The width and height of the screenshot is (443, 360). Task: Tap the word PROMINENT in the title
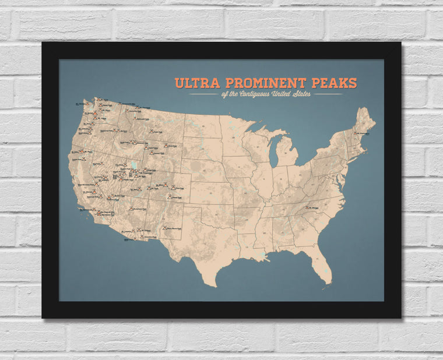pyautogui.click(x=270, y=83)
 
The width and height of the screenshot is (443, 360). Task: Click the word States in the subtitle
pyautogui.click(x=317, y=94)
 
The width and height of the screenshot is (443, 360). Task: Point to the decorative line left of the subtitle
pyautogui.click(x=203, y=94)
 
